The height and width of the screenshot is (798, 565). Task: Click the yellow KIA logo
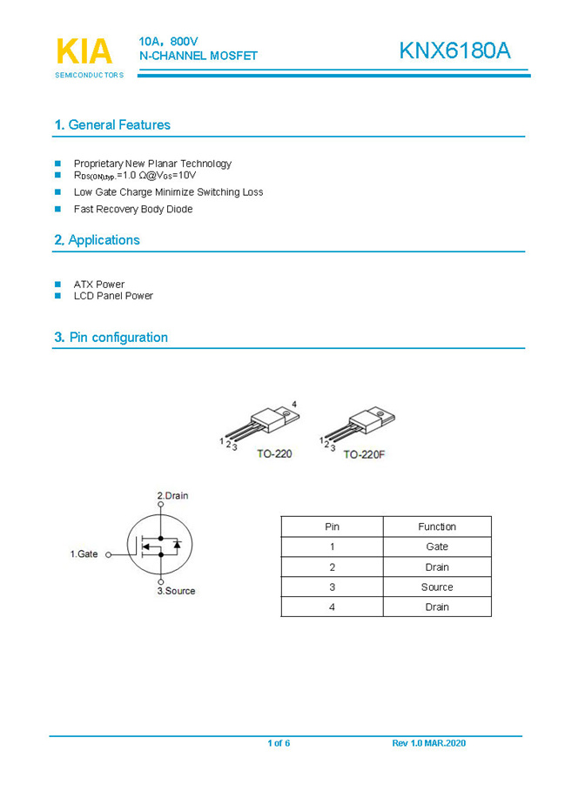coord(84,52)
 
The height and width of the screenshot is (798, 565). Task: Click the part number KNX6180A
coord(454,51)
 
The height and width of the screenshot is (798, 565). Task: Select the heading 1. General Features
coord(112,125)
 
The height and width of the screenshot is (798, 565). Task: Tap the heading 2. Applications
coord(97,240)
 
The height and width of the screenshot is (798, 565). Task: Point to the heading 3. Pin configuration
coord(111,338)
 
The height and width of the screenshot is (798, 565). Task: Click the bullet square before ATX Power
coord(58,285)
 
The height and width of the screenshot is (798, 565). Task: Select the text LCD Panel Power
coord(113,296)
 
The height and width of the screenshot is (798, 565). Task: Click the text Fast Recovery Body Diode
coord(133,210)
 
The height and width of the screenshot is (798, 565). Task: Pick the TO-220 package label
coord(274,454)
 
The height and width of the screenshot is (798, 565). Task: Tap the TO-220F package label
coord(364,454)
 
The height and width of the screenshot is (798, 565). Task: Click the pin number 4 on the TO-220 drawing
coord(294,405)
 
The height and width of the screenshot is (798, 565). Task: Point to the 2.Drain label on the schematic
coord(172,496)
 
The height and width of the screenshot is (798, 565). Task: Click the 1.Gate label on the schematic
coord(84,553)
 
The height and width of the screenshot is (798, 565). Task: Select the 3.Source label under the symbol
coord(176,591)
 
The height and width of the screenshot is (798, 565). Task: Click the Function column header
coord(437,526)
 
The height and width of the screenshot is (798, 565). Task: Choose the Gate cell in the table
coord(437,547)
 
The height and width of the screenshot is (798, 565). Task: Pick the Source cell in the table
coord(437,587)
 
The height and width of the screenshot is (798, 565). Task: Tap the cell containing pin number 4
coord(332,607)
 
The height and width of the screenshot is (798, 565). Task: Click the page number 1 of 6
coord(279,743)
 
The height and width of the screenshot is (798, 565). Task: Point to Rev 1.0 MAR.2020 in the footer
coord(429,743)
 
